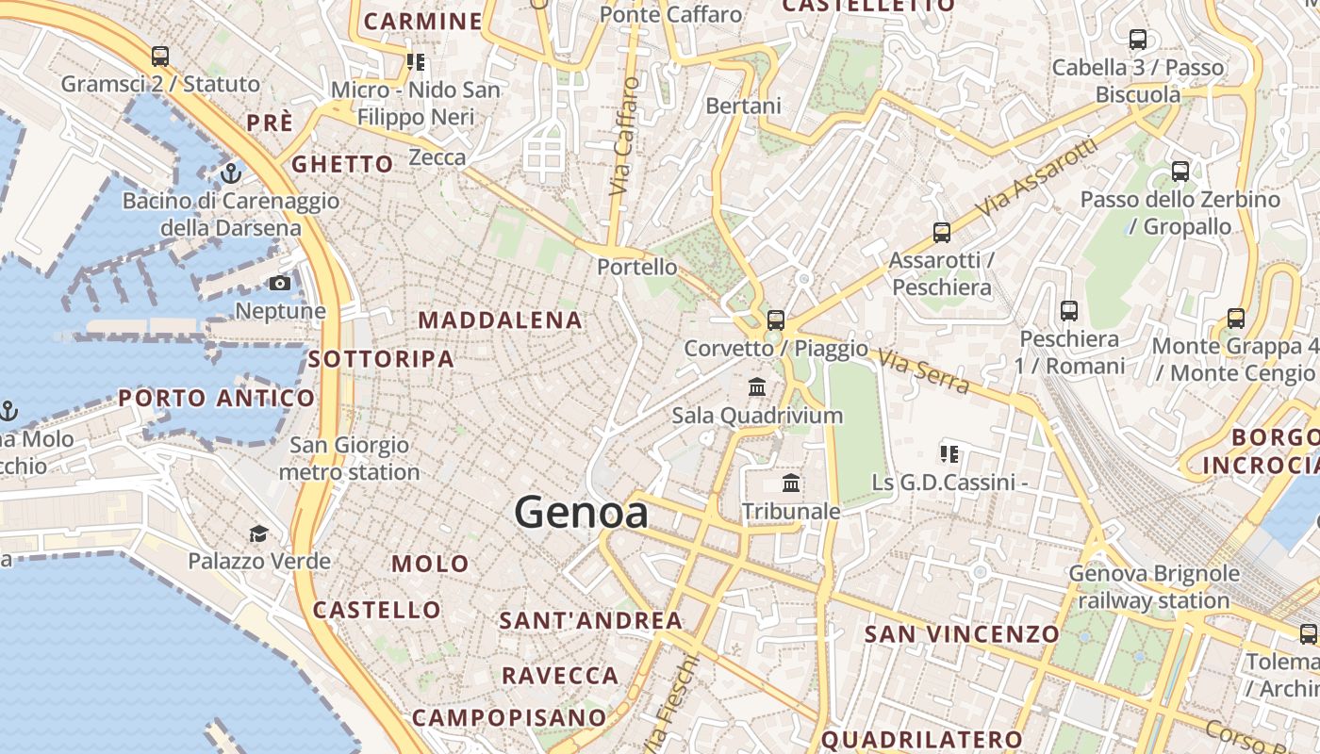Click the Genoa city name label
(x=581, y=513)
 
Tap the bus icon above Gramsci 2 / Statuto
(x=160, y=57)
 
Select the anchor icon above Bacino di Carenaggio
(x=230, y=173)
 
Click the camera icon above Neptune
(x=280, y=284)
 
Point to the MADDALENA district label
(x=500, y=320)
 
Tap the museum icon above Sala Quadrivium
(x=757, y=387)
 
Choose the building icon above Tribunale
(x=791, y=484)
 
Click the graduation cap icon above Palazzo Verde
(x=258, y=534)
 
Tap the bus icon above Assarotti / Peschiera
(x=941, y=233)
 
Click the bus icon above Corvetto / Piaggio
(x=776, y=320)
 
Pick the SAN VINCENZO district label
(x=962, y=634)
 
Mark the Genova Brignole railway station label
(x=1153, y=586)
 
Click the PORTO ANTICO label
(x=216, y=399)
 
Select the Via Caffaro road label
(x=624, y=137)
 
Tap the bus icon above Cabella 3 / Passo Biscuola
(x=1138, y=40)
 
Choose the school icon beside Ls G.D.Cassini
(x=949, y=454)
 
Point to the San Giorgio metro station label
(x=349, y=458)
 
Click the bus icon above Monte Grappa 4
(x=1235, y=319)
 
